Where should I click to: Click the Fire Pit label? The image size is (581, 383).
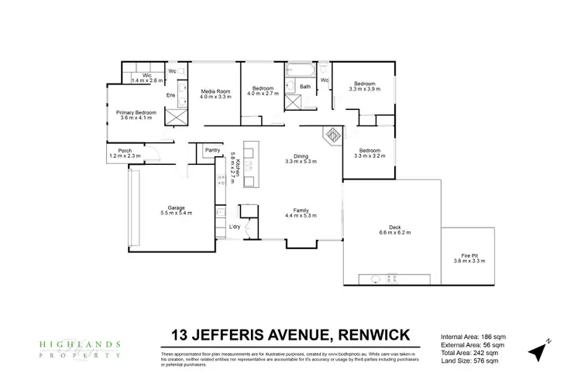tap(469, 257)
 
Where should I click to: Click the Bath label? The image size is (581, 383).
tap(305, 87)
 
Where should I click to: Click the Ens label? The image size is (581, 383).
tap(170, 95)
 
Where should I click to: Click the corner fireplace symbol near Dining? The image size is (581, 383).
tap(332, 134)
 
